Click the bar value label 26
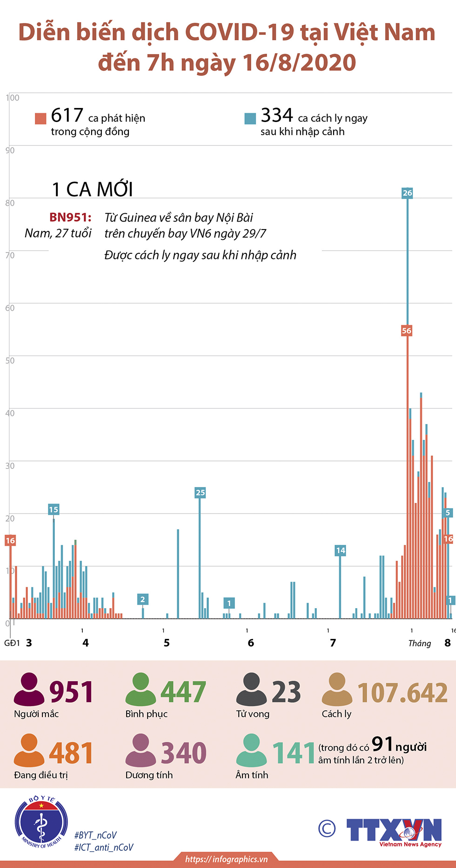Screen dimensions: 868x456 coord(407,193)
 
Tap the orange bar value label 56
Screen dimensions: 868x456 coord(407,331)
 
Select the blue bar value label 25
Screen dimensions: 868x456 coord(200,492)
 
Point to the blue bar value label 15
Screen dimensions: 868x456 coord(54,509)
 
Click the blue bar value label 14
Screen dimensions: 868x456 coord(341,550)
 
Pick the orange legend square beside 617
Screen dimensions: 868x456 coord(40,118)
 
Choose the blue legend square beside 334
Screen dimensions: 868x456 coord(250,118)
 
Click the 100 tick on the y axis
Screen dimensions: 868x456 coord(13,98)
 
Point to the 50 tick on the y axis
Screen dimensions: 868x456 coord(10,360)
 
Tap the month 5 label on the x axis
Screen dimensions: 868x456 coord(167,643)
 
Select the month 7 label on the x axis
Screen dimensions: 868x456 coord(333,643)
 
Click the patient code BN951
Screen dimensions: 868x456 coord(70,217)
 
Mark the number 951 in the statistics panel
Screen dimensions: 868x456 coord(71,692)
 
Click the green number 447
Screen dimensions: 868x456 coord(183,692)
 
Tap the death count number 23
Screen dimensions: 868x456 coord(286,692)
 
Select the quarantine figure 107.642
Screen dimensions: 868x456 coord(402,692)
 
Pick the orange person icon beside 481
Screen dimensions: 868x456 coord(29,750)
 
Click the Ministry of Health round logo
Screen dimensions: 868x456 coord(41,822)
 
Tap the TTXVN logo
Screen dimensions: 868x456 coord(394,831)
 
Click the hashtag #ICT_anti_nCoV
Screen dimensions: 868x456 coord(104,848)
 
